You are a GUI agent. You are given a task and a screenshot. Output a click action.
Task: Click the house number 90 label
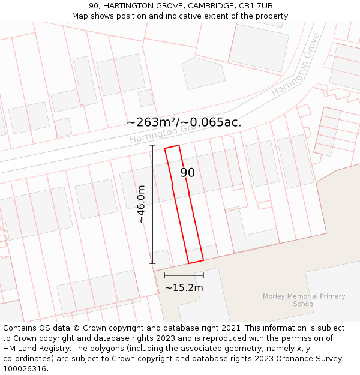pyautogui.click(x=188, y=173)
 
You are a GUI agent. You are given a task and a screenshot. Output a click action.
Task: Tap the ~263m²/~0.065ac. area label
pyautogui.click(x=184, y=122)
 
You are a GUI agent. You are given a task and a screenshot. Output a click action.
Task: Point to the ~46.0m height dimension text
pyautogui.click(x=142, y=204)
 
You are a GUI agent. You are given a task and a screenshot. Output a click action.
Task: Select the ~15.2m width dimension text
pyautogui.click(x=184, y=288)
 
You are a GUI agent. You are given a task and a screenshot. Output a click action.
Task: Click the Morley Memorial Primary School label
pyautogui.click(x=304, y=300)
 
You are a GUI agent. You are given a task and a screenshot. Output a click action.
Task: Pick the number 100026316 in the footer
pyautogui.click(x=25, y=368)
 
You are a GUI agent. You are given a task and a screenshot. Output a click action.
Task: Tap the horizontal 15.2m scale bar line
pyautogui.click(x=184, y=275)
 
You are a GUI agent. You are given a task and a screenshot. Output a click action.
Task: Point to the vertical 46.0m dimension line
pyautogui.click(x=152, y=204)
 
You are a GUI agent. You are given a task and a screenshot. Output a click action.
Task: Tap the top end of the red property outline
pyautogui.click(x=172, y=147)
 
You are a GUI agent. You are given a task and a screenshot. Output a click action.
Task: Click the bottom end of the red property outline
pyautogui.click(x=196, y=262)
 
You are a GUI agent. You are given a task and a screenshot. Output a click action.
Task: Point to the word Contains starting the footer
pyautogui.click(x=20, y=328)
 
